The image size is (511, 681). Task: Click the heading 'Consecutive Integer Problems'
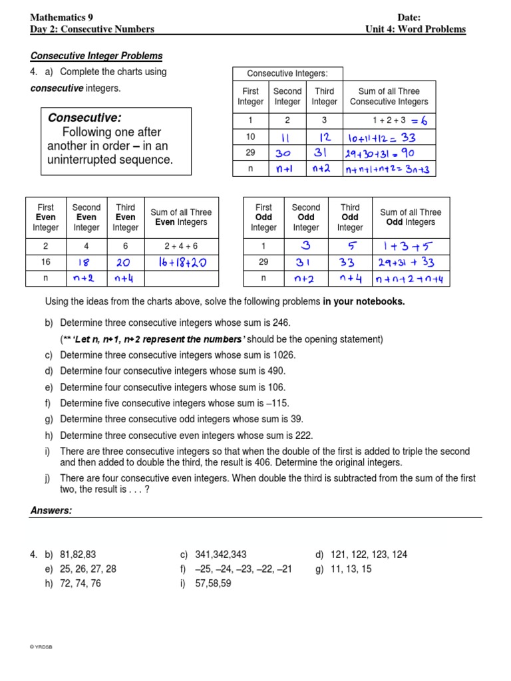pyautogui.click(x=96, y=56)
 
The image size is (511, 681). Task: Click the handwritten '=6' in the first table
pyautogui.click(x=420, y=120)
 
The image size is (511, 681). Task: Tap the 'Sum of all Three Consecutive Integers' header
pyautogui.click(x=389, y=96)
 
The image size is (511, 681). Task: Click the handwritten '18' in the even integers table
pyautogui.click(x=86, y=263)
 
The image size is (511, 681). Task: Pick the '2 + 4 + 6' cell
pyautogui.click(x=177, y=245)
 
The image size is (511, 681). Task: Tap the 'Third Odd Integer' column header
pyautogui.click(x=350, y=217)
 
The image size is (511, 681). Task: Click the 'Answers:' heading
pyautogui.click(x=51, y=510)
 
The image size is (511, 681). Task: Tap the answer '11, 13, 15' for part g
pyautogui.click(x=351, y=569)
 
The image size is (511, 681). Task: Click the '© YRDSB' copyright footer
pyautogui.click(x=41, y=646)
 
